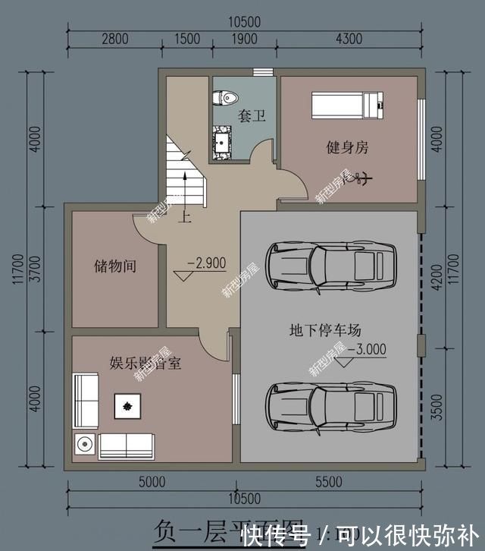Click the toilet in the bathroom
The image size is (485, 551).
coord(226,97)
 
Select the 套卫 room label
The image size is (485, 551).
coord(252,116)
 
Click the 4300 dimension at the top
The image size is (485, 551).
coord(349,39)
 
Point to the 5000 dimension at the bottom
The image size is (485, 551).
coord(152,481)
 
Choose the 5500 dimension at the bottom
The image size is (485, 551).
coord(329,481)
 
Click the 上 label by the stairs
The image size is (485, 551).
coord(183,218)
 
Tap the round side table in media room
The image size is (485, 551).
coord(85,444)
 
